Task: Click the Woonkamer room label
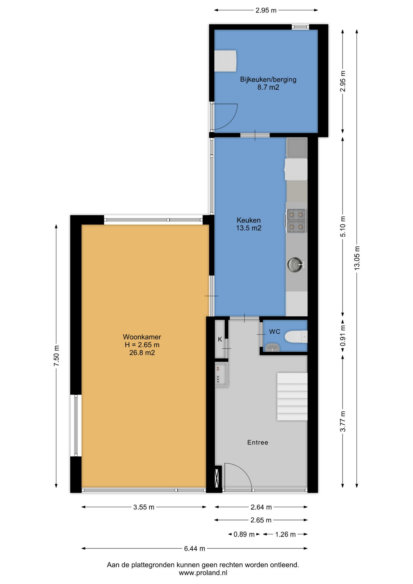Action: click(142, 337)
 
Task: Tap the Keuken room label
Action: click(249, 220)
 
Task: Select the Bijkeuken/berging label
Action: click(268, 80)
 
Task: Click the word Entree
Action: click(258, 443)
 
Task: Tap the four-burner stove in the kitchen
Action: click(296, 221)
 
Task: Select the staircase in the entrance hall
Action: click(292, 397)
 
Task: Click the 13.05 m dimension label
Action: click(357, 258)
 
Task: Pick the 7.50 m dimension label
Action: click(56, 356)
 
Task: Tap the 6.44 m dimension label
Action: click(195, 549)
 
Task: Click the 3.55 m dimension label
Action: click(144, 507)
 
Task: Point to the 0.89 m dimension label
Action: click(244, 534)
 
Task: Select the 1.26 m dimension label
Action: click(285, 534)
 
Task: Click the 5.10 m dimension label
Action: click(343, 227)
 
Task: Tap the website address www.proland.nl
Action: click(203, 573)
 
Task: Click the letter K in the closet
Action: click(220, 339)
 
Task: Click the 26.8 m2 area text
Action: click(142, 353)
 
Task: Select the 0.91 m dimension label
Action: click(343, 335)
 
